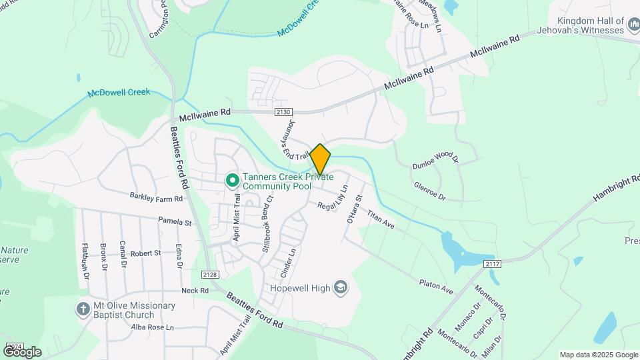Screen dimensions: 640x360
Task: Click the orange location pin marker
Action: pos(320,159)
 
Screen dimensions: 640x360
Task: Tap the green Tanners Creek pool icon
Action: pos(233,180)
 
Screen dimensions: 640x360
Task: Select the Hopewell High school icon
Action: pos(341,287)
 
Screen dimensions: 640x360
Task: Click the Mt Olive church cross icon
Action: pos(83,309)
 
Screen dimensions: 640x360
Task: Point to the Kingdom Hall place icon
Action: pos(634,27)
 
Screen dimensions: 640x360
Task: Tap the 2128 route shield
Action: pos(209,275)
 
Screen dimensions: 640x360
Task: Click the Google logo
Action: pos(22,351)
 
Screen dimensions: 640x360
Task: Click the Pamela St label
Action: pos(175,221)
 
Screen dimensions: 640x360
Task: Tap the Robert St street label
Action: pos(145,253)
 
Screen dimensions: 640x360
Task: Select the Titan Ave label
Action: pos(381,221)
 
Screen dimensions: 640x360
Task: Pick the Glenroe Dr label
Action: pos(429,192)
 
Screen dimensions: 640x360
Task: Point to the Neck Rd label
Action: pos(195,291)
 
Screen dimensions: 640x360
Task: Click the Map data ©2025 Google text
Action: pos(598,355)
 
